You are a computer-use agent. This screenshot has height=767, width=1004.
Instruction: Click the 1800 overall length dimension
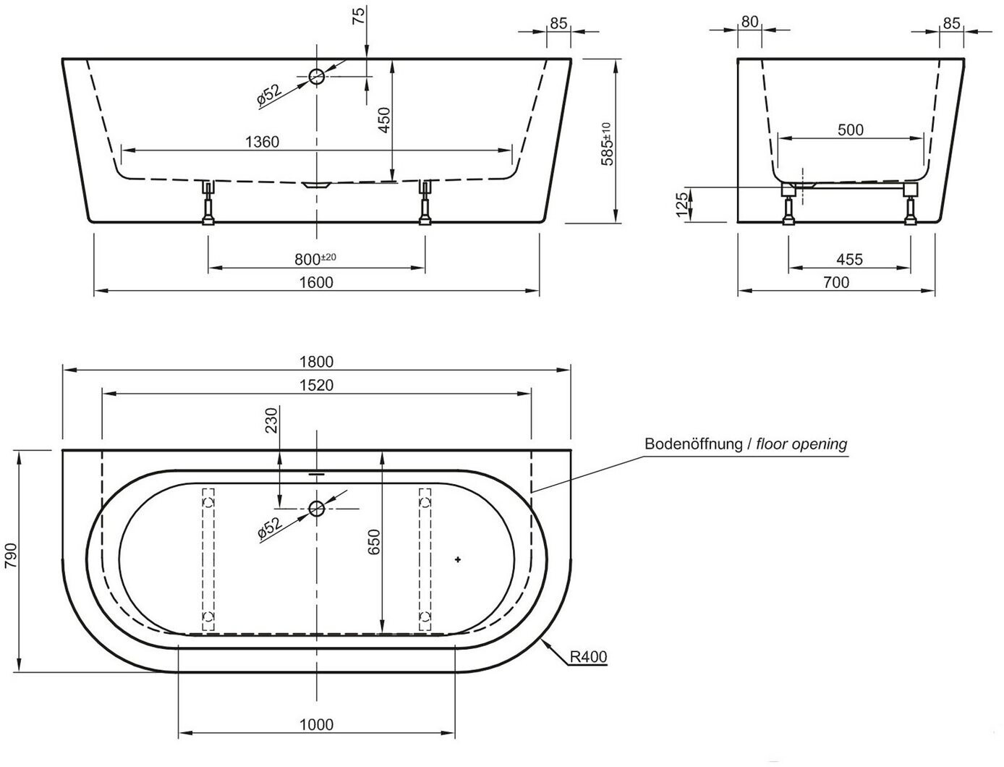(x=316, y=362)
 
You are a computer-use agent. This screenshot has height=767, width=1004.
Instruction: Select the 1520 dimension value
(x=316, y=385)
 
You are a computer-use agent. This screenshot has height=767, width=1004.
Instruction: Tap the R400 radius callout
(x=588, y=657)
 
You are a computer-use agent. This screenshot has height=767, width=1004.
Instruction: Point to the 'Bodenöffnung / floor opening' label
(x=746, y=444)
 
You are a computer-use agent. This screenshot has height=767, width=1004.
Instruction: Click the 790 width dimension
(x=11, y=556)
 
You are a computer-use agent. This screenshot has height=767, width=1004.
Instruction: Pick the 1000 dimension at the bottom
(x=316, y=724)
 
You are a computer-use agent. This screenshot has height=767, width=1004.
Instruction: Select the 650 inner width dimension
(x=374, y=542)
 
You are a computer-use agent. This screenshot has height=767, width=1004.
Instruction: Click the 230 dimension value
(x=272, y=420)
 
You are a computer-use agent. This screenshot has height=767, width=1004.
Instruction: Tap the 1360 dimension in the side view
(x=262, y=143)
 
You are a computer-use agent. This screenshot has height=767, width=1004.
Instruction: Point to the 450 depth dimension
(x=385, y=120)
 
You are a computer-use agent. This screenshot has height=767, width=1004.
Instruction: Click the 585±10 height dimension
(x=607, y=144)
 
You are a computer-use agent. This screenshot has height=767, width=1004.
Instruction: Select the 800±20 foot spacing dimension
(x=315, y=259)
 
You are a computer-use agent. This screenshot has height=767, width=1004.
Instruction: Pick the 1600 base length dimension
(x=316, y=282)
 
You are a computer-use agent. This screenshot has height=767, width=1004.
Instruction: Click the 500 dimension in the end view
(x=851, y=130)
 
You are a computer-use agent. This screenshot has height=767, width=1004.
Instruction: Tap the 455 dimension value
(x=849, y=259)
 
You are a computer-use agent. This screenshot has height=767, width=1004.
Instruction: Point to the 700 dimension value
(x=836, y=282)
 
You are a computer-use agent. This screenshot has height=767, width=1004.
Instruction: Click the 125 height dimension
(x=682, y=205)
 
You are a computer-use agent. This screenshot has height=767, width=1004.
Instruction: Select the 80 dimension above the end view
(x=749, y=22)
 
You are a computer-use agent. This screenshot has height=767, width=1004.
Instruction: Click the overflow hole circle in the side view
(x=317, y=77)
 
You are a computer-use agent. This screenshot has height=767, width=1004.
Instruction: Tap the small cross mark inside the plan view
(x=458, y=559)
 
